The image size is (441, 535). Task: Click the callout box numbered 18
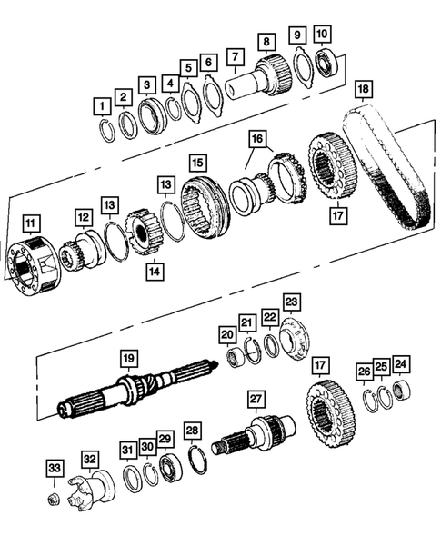click(x=363, y=89)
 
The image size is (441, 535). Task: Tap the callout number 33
click(x=55, y=469)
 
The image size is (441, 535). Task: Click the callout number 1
click(x=104, y=107)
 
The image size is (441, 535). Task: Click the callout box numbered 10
click(x=323, y=35)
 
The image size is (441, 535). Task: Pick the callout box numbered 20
click(x=226, y=335)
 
